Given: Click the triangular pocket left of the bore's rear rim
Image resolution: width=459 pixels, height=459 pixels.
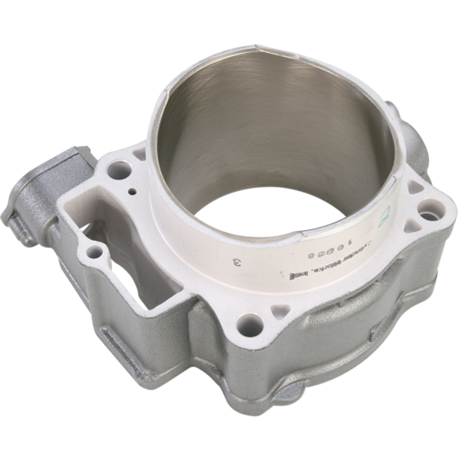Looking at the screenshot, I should [x=139, y=153].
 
